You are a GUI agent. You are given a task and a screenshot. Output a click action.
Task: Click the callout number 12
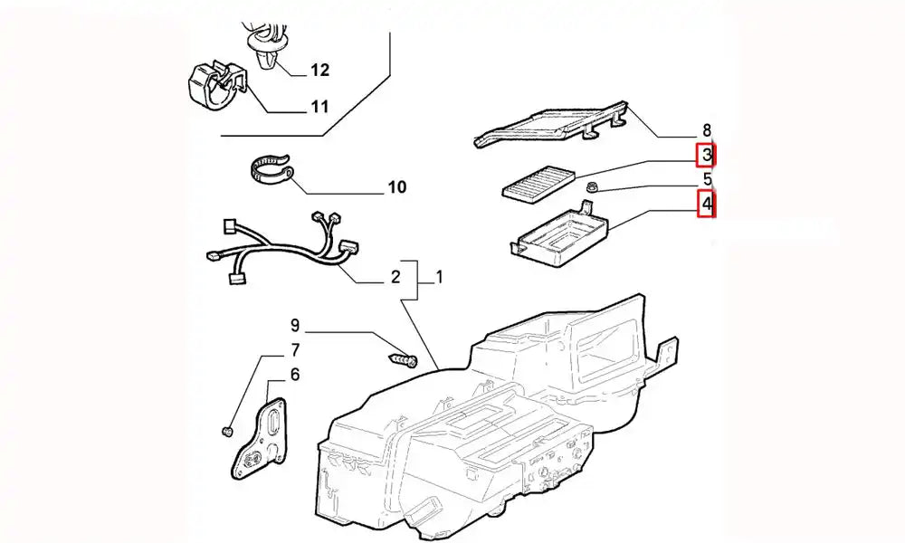(x=320, y=70)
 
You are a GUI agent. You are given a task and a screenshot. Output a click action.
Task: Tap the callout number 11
(x=319, y=108)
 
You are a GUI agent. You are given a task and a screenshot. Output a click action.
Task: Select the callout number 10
(x=396, y=188)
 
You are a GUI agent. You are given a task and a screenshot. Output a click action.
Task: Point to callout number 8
(x=707, y=131)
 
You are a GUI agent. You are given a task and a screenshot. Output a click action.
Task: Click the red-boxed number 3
(x=707, y=156)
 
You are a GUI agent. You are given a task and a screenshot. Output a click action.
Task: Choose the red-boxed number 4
(x=707, y=205)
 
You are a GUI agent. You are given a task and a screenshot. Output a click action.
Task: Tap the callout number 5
(x=707, y=179)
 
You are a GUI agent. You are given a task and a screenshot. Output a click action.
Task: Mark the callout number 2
(x=395, y=277)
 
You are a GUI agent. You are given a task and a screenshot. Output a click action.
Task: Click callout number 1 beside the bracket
(x=439, y=277)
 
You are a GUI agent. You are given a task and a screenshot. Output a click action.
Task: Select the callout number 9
(x=294, y=324)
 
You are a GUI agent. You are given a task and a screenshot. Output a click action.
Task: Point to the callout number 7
(x=294, y=349)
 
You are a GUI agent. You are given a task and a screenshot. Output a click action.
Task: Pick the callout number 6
(x=294, y=374)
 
